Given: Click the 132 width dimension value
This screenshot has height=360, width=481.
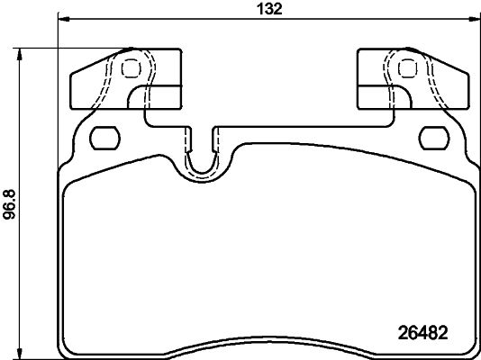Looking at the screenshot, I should click(274, 10).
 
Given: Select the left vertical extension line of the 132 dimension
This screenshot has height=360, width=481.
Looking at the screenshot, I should click(59, 90).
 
